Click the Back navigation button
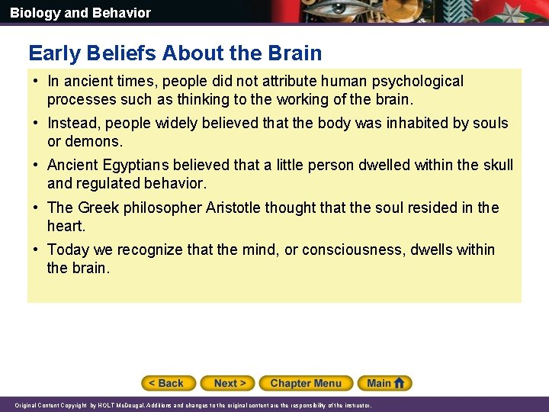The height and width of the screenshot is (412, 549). [168, 383]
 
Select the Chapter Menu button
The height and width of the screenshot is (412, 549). [305, 383]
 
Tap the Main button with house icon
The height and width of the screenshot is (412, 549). [387, 383]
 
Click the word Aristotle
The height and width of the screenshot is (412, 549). [232, 208]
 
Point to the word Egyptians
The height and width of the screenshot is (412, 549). [130, 166]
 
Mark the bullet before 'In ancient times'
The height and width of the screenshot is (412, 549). [36, 81]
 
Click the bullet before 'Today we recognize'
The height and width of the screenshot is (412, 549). [36, 249]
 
